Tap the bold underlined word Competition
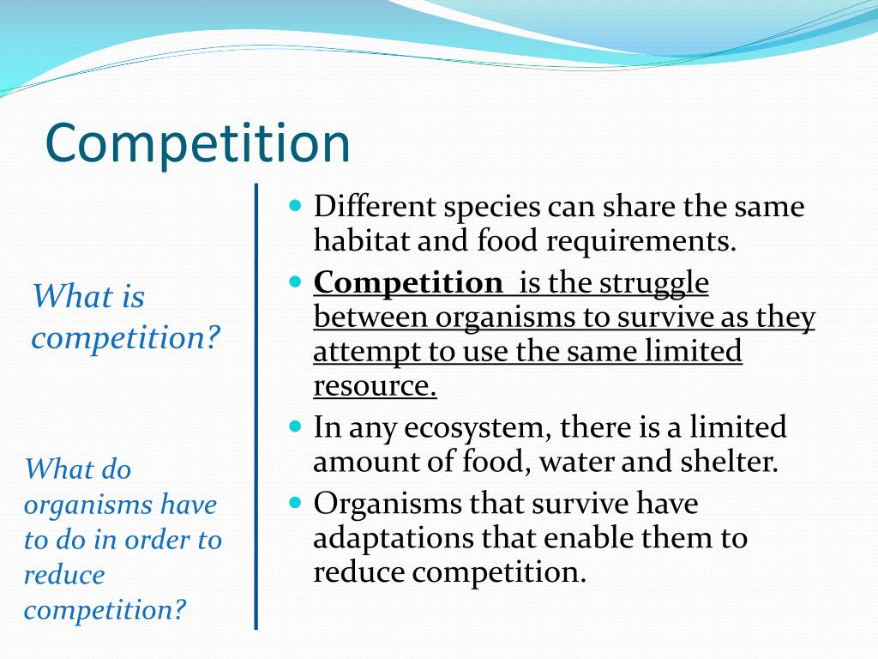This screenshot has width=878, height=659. click(x=408, y=282)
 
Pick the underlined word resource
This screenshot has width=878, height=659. click(x=375, y=386)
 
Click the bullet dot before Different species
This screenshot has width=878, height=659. click(x=297, y=207)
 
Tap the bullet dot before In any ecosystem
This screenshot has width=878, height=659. click(x=297, y=426)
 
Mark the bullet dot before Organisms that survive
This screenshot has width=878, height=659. click(x=297, y=503)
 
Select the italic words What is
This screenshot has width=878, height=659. click(x=88, y=297)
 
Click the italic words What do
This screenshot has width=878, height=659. click(x=78, y=469)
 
